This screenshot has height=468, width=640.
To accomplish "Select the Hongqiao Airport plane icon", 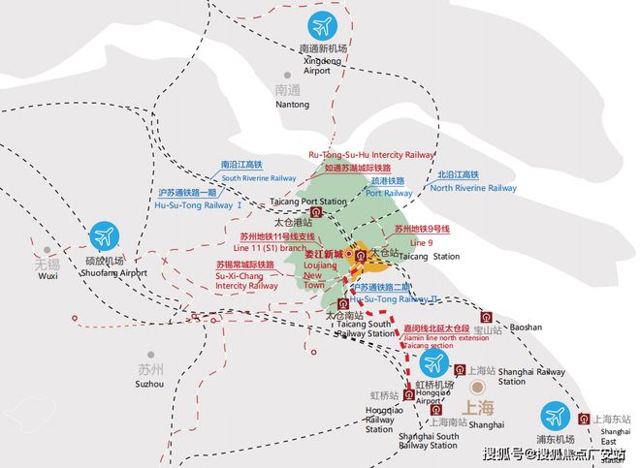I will pos(433,365).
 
